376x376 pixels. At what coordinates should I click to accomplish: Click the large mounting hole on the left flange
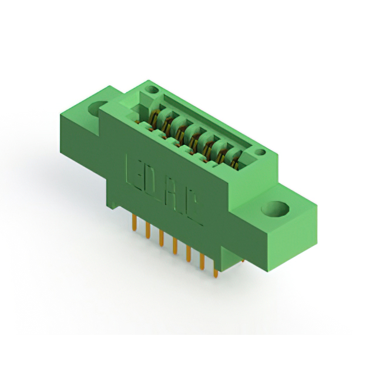[96, 109]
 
